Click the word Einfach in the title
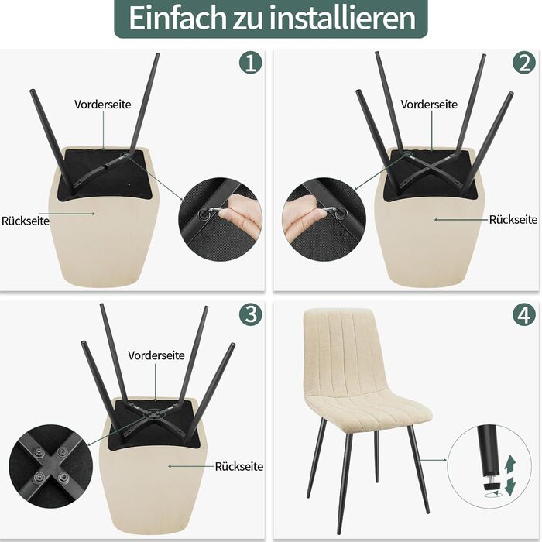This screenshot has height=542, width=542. coord(177,17)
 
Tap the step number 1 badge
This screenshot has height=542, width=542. coord(251,63)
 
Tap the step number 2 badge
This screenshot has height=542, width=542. coord(524,63)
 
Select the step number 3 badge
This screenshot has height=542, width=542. coord(251,314)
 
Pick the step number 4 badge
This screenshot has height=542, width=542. coord(524,314)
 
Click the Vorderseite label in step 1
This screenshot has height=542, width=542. coord(103,105)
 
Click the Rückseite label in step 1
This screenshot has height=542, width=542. coord(26,221)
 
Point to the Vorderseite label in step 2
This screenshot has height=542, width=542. coord(429,105)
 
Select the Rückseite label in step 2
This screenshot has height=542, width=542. coord(513,219)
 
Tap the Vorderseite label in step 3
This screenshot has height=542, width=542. coord(156,355)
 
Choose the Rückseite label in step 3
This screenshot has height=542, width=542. coord(238,467)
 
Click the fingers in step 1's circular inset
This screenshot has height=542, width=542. coord(241,213)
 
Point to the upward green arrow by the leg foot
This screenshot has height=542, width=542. coord(509,465)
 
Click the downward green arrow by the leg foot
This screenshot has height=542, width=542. coord(510,486)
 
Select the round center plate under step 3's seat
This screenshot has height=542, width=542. coord(152,413)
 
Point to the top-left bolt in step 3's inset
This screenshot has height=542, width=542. coord(39,452)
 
